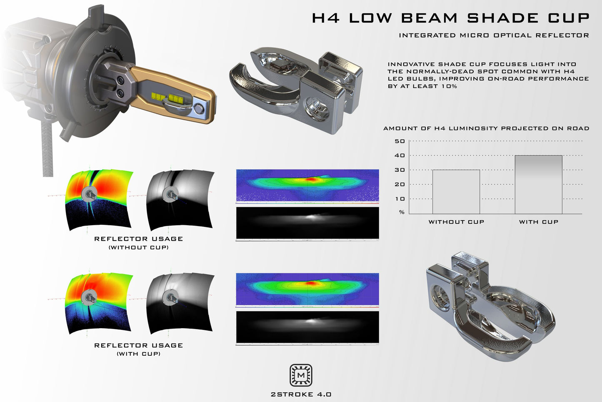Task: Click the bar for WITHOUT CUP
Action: (x=456, y=192)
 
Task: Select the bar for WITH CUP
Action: (x=538, y=185)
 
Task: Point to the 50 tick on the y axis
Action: (x=400, y=141)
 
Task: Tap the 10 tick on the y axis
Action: (x=400, y=199)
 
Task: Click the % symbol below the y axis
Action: (x=402, y=212)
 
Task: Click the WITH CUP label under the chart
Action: (x=538, y=222)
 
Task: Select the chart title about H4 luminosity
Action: (x=486, y=128)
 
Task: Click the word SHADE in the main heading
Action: (x=503, y=18)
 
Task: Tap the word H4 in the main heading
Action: (x=326, y=18)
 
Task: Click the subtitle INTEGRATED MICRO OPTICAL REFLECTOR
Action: (x=494, y=35)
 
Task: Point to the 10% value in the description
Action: (x=448, y=86)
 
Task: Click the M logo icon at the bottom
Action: (x=301, y=375)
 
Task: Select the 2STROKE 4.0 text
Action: (x=301, y=394)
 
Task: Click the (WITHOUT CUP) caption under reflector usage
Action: (x=138, y=247)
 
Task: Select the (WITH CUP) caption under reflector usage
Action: (x=138, y=354)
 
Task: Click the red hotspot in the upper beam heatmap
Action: (x=311, y=179)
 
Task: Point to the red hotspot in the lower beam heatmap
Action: (x=311, y=283)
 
